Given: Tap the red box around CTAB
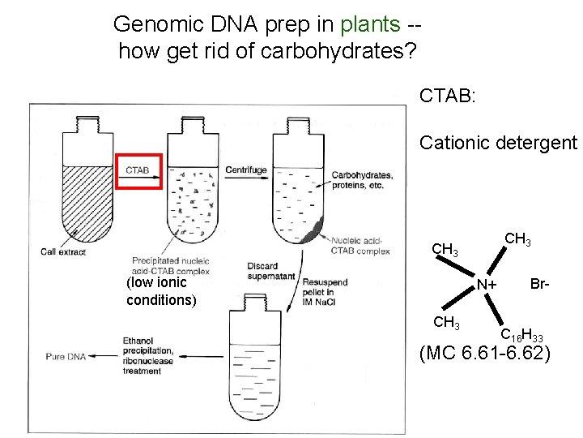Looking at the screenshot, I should click(139, 170).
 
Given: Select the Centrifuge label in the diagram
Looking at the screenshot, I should click(246, 170).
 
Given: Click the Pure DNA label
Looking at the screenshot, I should click(66, 355).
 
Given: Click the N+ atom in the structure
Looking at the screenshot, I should click(487, 285).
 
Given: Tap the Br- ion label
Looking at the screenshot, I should click(540, 283).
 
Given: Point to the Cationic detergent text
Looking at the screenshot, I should click(498, 144).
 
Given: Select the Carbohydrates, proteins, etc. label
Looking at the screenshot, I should click(362, 180).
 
